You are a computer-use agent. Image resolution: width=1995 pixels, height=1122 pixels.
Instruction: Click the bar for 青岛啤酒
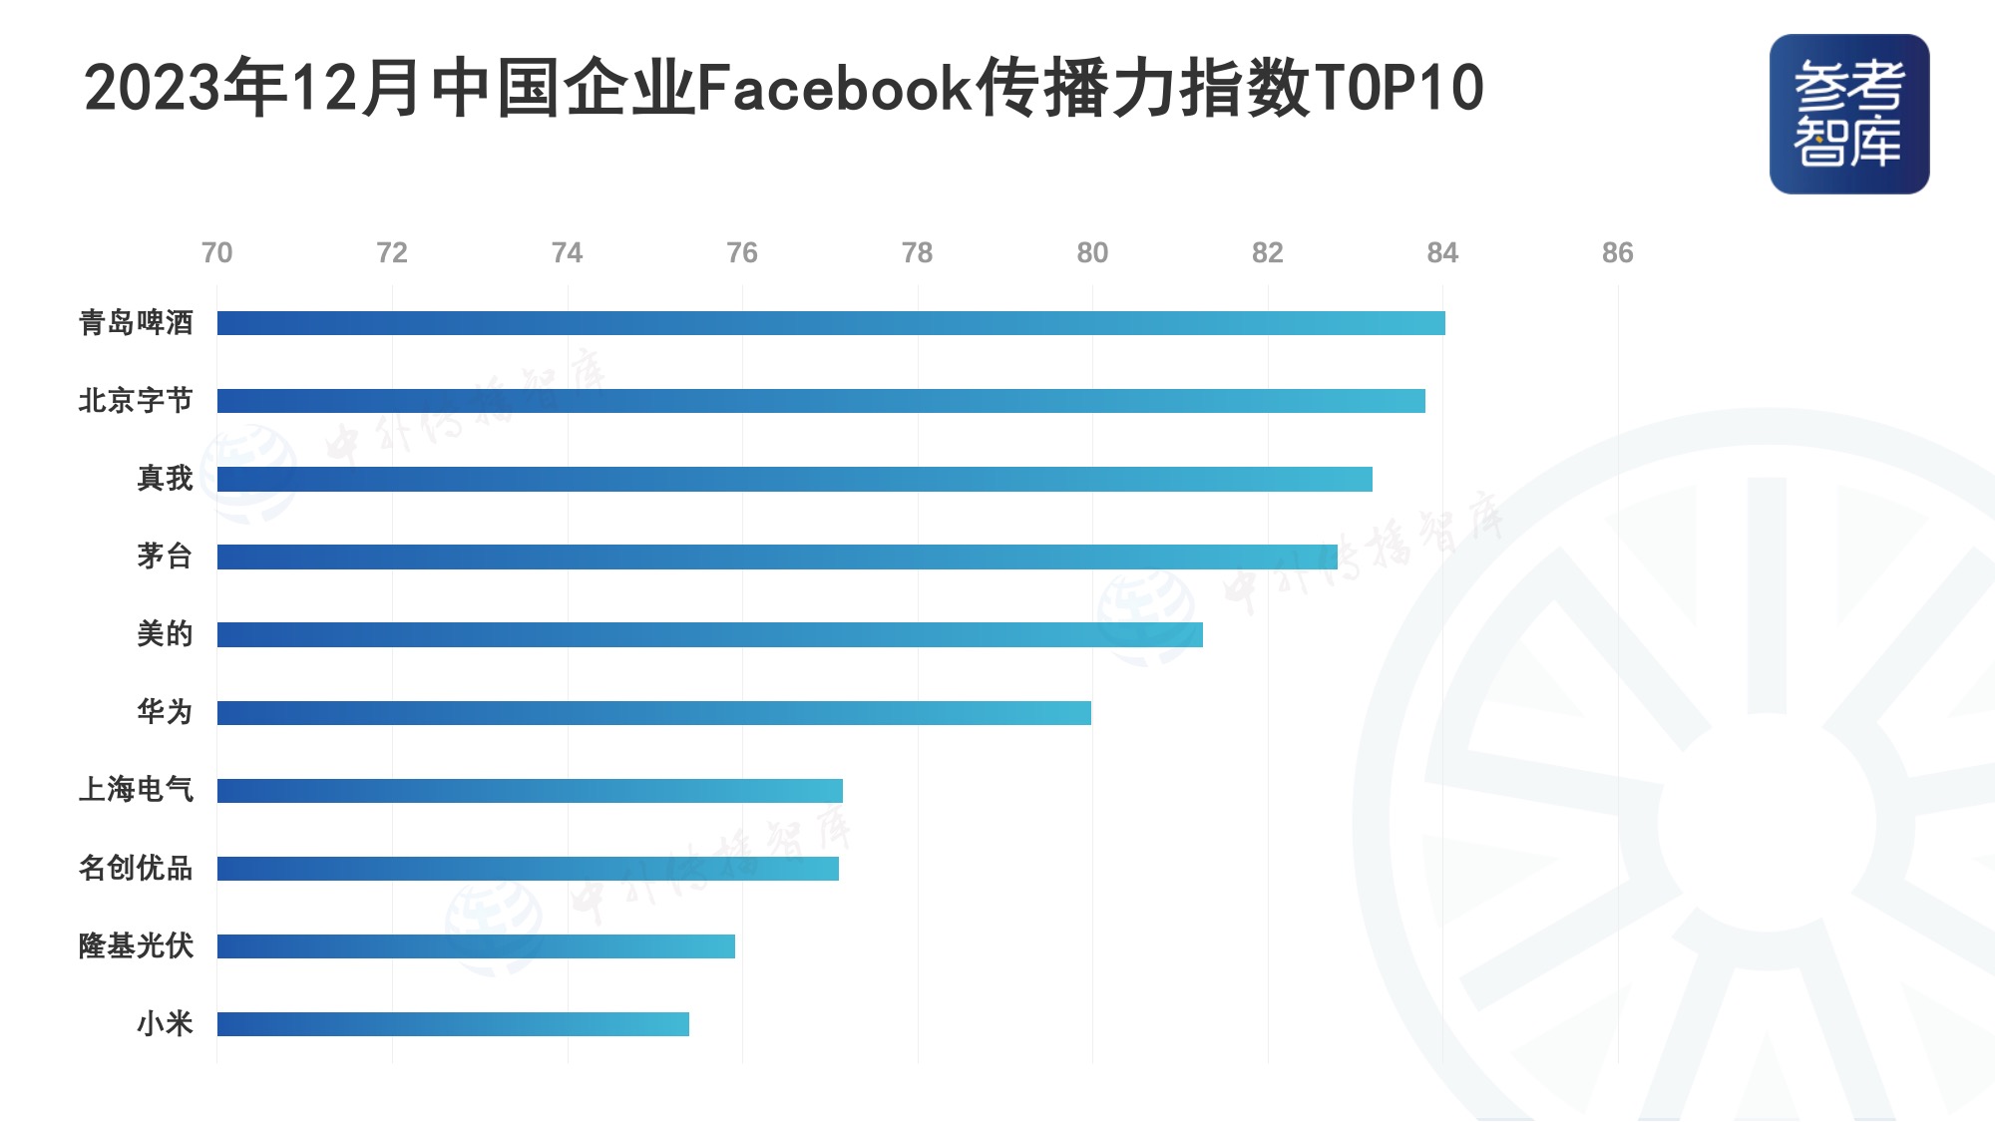830,323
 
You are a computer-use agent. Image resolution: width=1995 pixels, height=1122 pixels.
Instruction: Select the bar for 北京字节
820,401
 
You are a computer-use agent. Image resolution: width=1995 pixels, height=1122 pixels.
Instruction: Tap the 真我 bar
794,479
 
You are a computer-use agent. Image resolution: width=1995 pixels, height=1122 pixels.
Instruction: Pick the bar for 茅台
776,557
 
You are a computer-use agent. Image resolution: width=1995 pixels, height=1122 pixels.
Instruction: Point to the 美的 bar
709,634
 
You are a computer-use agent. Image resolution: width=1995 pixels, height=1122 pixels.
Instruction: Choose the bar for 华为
653,712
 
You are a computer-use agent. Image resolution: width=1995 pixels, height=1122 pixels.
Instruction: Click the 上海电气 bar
530,791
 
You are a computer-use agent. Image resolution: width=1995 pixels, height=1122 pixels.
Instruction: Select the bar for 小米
453,1024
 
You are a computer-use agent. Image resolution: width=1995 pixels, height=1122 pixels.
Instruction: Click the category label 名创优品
136,868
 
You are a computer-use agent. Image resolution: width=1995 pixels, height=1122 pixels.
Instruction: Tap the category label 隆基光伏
136,945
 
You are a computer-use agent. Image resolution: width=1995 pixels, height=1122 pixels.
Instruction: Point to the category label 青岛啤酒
136,323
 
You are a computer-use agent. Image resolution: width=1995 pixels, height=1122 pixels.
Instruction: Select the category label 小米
165,1024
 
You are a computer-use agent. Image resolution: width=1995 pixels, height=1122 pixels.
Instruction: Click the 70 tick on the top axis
216,253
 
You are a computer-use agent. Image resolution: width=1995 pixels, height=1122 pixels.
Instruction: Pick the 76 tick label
742,253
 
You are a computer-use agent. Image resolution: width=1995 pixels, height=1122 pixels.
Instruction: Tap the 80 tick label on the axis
1092,253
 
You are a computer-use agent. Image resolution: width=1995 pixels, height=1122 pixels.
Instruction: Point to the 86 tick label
1617,253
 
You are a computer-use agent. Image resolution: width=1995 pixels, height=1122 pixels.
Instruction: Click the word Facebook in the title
834,88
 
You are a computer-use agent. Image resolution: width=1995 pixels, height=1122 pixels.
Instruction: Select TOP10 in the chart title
1398,88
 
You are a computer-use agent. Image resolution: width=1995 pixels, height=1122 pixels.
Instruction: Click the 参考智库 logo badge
1849,114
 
